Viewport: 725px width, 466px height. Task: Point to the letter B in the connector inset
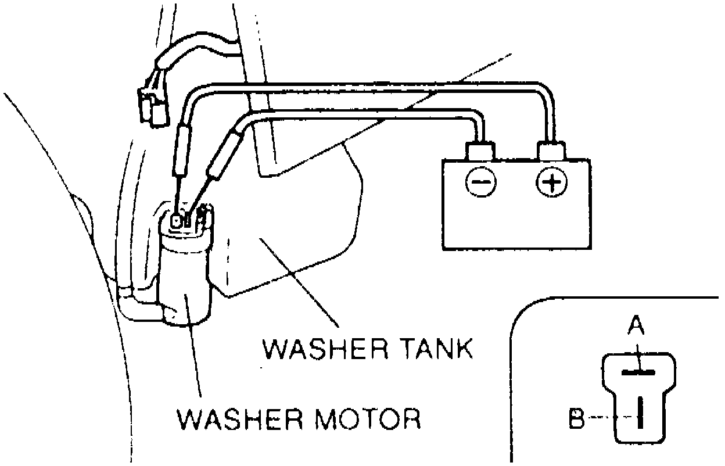pyautogui.click(x=577, y=419)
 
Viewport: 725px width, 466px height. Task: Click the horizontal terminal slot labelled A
pyautogui.click(x=638, y=371)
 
